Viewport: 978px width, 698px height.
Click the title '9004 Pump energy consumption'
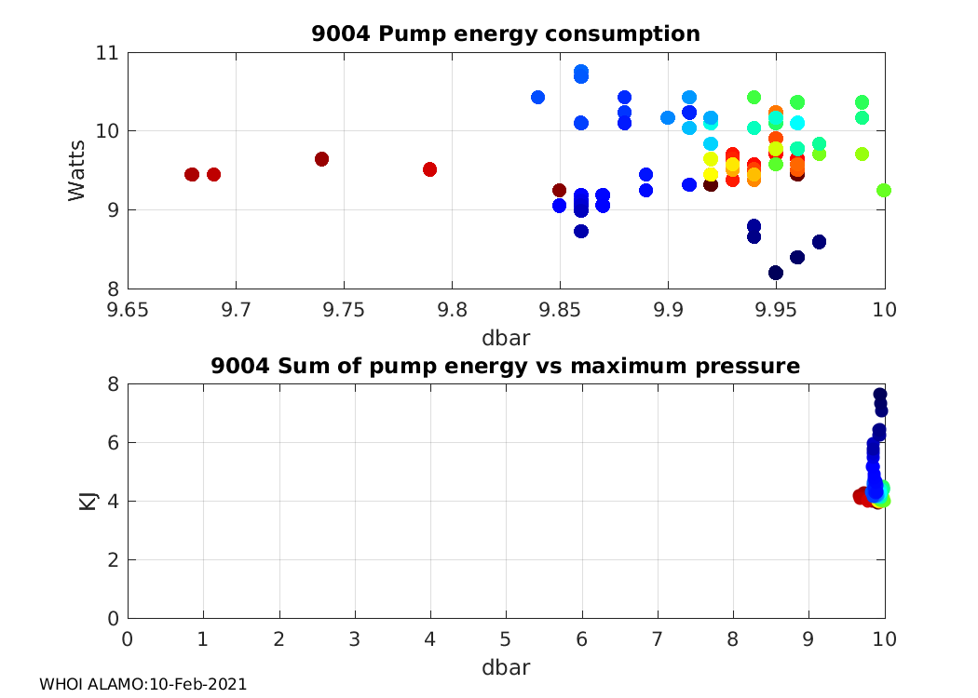(x=506, y=34)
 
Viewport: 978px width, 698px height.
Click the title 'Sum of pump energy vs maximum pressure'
(x=506, y=366)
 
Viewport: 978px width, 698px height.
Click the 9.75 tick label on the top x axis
(x=344, y=308)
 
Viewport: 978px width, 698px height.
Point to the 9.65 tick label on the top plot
(x=128, y=308)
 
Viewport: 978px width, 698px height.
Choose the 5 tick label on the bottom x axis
(x=506, y=638)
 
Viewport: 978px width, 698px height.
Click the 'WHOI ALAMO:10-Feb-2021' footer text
(x=143, y=684)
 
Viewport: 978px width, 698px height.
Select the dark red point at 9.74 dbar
(x=321, y=159)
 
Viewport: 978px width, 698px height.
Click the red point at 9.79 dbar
(x=429, y=169)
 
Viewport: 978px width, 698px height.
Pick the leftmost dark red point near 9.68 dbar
(x=192, y=174)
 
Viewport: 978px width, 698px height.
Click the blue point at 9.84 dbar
(x=537, y=97)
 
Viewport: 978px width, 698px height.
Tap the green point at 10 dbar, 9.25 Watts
(x=884, y=190)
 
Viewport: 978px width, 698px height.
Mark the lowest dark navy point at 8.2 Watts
(x=776, y=273)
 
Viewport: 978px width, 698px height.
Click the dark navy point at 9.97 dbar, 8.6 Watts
(x=819, y=242)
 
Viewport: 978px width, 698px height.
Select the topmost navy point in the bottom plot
(x=879, y=394)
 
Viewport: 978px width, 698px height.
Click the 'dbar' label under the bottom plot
(x=506, y=667)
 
